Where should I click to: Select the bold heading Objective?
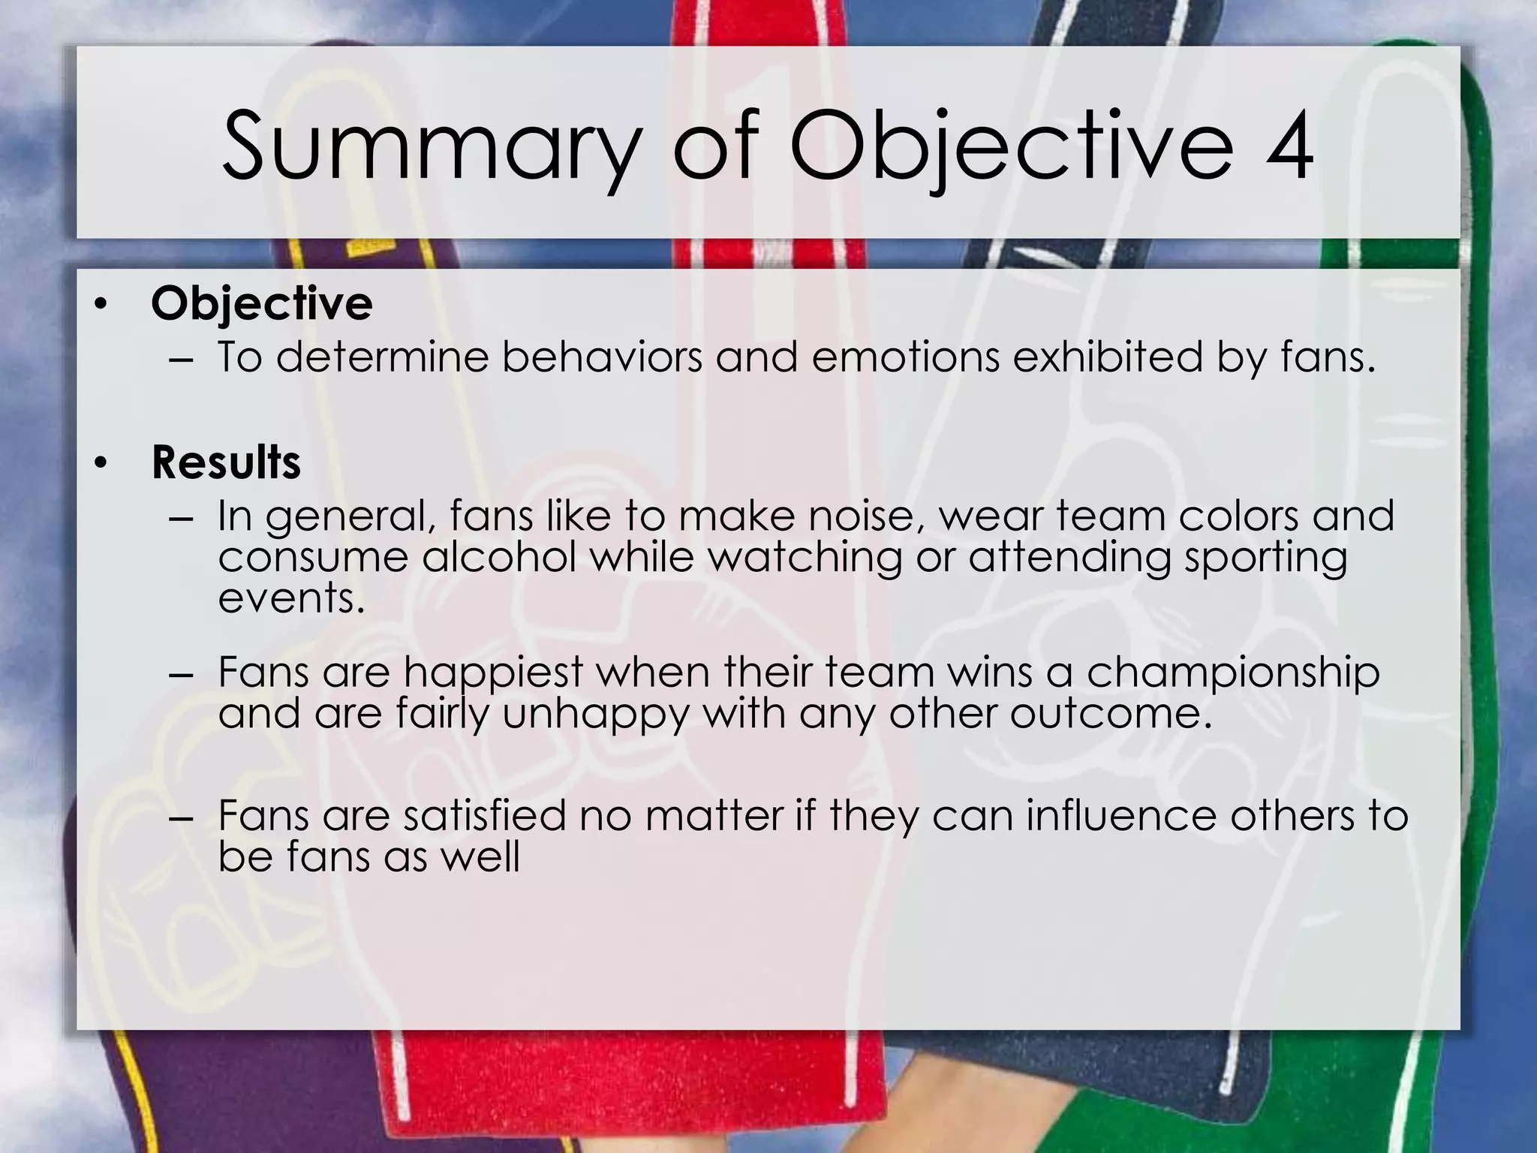click(261, 304)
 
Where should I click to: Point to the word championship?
click(1232, 673)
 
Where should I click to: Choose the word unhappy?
click(595, 715)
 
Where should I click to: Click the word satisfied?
click(484, 816)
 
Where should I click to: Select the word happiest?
click(493, 673)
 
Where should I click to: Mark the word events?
click(291, 599)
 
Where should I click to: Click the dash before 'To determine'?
click(182, 359)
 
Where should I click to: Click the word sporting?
click(1265, 558)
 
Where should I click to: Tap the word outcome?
click(1111, 715)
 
